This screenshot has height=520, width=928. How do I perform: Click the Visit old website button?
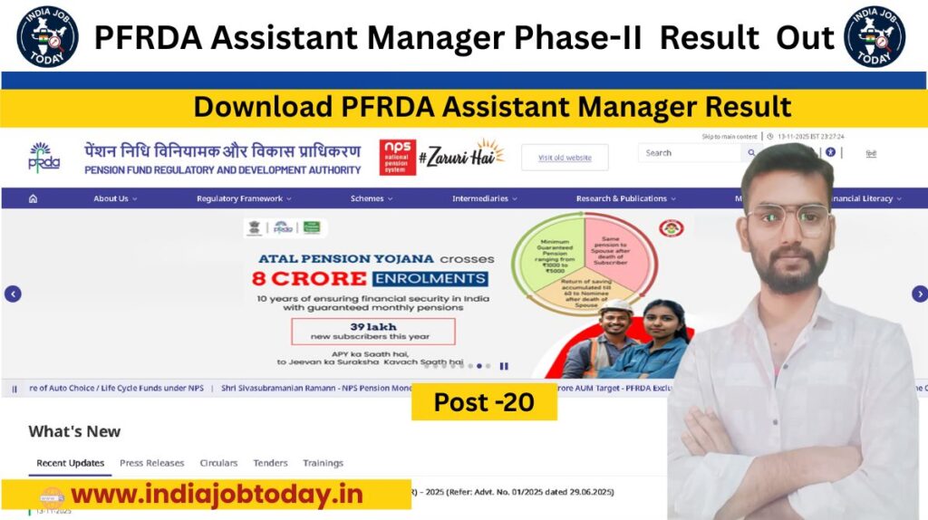(x=565, y=158)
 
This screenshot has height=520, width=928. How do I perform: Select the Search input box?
(x=689, y=153)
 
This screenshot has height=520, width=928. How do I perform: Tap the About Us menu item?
(x=115, y=198)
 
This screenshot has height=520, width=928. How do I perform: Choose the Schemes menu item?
(x=372, y=198)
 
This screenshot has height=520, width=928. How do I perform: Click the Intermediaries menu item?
(x=485, y=198)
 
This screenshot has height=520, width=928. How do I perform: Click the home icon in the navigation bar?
(x=34, y=198)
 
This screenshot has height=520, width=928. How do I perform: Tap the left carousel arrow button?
(x=13, y=294)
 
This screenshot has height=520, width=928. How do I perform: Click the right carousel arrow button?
(x=919, y=294)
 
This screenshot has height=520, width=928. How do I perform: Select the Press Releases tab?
(x=151, y=463)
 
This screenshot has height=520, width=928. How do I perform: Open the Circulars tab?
(x=218, y=463)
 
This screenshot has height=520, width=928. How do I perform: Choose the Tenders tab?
(x=270, y=463)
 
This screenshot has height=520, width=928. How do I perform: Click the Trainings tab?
(x=323, y=463)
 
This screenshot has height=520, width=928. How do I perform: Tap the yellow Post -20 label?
(x=484, y=402)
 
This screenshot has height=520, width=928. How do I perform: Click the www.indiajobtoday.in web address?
(x=217, y=495)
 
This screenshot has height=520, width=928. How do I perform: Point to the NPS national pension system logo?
(x=397, y=156)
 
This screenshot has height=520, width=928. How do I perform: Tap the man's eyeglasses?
(x=788, y=218)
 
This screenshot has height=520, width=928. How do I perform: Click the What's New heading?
(x=74, y=431)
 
